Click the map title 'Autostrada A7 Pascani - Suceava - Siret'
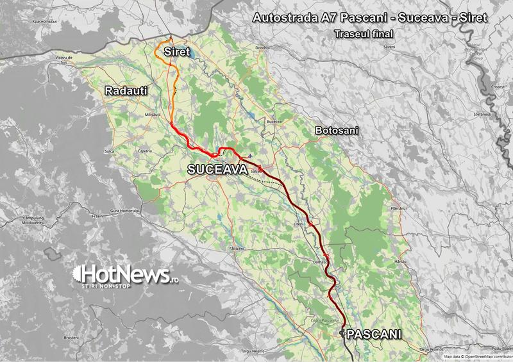point(371,18)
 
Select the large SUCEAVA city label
point(217,170)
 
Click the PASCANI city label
point(374,334)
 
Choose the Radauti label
point(126,92)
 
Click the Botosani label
point(337,131)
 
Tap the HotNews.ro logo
point(125,276)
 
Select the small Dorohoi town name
point(262,48)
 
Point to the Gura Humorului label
point(124,211)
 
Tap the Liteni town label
point(298,224)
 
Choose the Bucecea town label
point(274,121)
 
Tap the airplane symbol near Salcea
point(249,156)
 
